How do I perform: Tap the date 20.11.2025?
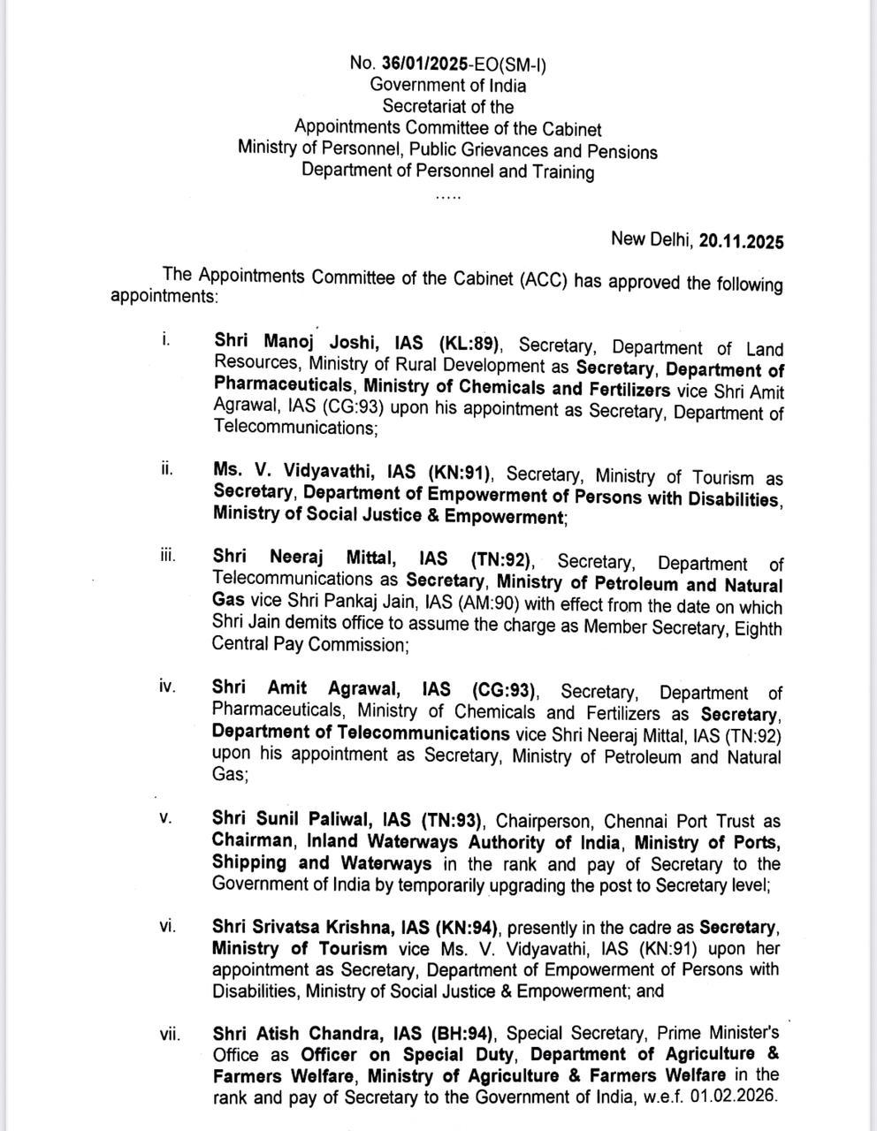tap(741, 240)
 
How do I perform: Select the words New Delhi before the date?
tap(652, 239)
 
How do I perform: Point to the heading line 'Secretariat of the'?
tap(447, 107)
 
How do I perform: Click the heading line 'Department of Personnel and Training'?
tap(447, 171)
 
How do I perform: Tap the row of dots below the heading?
tap(448, 196)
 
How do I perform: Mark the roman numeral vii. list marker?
tap(170, 1032)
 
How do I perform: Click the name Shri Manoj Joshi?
tap(294, 342)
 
